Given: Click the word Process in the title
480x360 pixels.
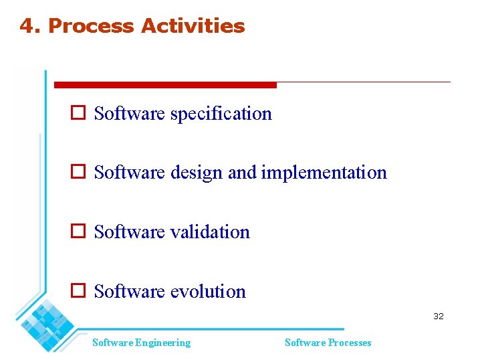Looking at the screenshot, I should tap(91, 26).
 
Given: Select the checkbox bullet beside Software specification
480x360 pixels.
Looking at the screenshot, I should tap(78, 113).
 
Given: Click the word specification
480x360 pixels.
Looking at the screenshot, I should tap(221, 114).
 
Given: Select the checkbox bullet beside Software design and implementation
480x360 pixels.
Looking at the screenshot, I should tap(78, 172).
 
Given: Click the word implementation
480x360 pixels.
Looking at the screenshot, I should tap(324, 173).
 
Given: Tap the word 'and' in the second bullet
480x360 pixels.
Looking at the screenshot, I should tap(242, 173).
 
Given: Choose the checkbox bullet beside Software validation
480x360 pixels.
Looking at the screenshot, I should tap(78, 232).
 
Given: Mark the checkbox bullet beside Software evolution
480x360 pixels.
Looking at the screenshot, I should tap(78, 291).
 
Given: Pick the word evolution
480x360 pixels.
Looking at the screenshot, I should tap(208, 292).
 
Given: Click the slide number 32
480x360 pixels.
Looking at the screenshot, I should tap(438, 316).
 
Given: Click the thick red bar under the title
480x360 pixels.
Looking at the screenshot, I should tap(165, 85).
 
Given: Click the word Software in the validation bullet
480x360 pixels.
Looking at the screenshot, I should tap(129, 232).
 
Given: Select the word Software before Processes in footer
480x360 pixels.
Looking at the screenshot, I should tap(302, 343).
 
